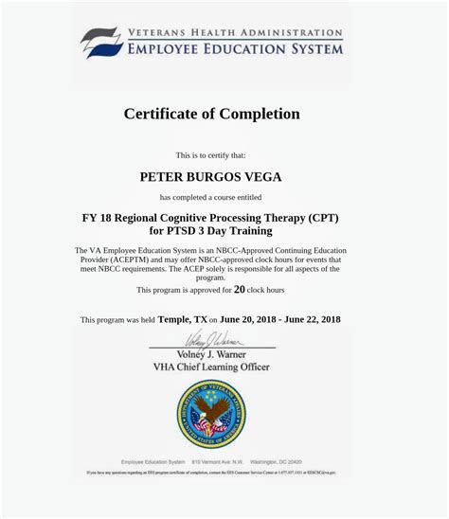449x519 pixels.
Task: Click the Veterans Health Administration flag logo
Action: tap(99, 42)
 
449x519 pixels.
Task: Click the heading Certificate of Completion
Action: tap(212, 114)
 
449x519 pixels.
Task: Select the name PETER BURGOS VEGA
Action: tap(211, 176)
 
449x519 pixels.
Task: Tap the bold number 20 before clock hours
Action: tap(239, 290)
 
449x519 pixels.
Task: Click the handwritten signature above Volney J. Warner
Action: tap(210, 338)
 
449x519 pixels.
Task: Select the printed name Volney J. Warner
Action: tap(211, 354)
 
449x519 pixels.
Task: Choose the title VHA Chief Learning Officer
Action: tap(211, 367)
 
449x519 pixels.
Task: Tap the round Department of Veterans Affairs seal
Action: tap(210, 413)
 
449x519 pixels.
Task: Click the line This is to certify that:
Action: tap(210, 154)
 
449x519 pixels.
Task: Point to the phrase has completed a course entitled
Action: tap(210, 197)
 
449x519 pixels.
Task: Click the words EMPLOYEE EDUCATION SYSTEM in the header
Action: tap(236, 48)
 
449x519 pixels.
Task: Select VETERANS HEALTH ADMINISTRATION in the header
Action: tap(235, 32)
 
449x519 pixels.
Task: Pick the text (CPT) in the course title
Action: tap(321, 217)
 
